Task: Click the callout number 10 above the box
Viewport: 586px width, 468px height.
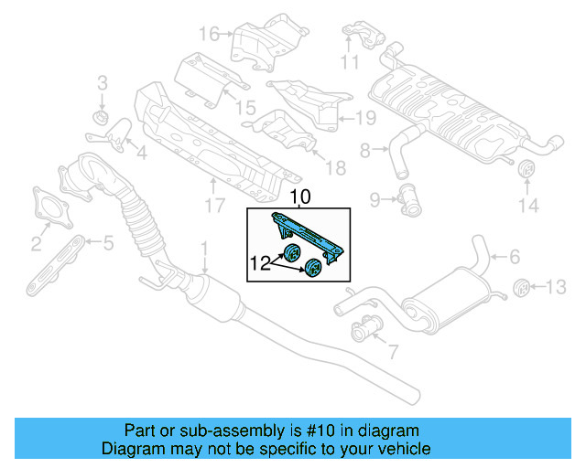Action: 300,197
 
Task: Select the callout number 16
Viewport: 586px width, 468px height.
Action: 210,35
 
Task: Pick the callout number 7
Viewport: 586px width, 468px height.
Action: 392,350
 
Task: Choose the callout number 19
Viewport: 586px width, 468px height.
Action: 365,117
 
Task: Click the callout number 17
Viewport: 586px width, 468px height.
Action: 213,207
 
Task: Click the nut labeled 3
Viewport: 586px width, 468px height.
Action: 102,119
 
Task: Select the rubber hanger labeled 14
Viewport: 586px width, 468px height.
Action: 527,172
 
